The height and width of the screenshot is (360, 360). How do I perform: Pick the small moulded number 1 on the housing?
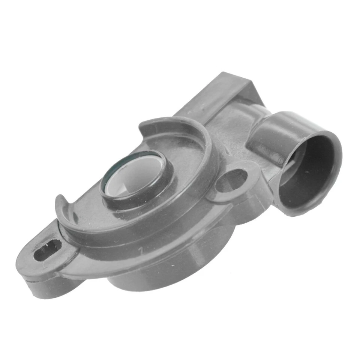tap(140, 249)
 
